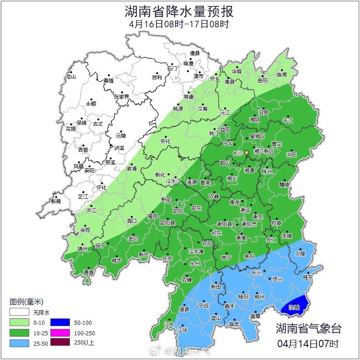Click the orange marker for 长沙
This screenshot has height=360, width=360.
(x=247, y=152)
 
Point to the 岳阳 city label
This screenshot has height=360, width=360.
(x=262, y=81)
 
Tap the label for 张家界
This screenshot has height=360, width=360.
(x=121, y=97)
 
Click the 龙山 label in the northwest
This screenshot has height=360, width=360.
(x=70, y=77)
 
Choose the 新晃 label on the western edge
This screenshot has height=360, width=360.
(x=56, y=201)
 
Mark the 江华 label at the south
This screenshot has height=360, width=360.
(x=183, y=329)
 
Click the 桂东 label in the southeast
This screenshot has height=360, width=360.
(x=308, y=277)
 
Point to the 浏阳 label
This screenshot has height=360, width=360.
(x=291, y=155)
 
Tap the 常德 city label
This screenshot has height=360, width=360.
(x=188, y=97)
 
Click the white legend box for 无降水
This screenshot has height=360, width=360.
(x=19, y=312)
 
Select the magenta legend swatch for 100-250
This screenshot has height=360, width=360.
(x=59, y=332)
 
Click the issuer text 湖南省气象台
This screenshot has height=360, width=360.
(x=308, y=328)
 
